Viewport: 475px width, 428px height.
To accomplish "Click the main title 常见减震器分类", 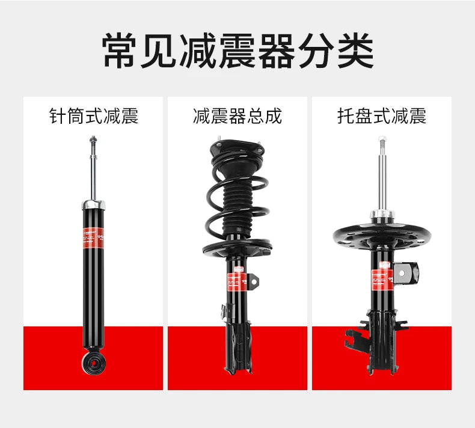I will click(x=237, y=52).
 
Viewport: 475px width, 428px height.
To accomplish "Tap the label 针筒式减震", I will click(x=93, y=116).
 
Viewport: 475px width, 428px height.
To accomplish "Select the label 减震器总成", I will click(x=237, y=116).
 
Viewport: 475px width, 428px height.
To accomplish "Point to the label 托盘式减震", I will click(x=381, y=116).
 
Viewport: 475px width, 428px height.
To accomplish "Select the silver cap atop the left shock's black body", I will click(x=93, y=206).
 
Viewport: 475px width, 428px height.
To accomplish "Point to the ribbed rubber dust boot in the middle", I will click(x=237, y=204).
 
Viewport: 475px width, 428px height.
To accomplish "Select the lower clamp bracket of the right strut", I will click(x=373, y=337).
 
